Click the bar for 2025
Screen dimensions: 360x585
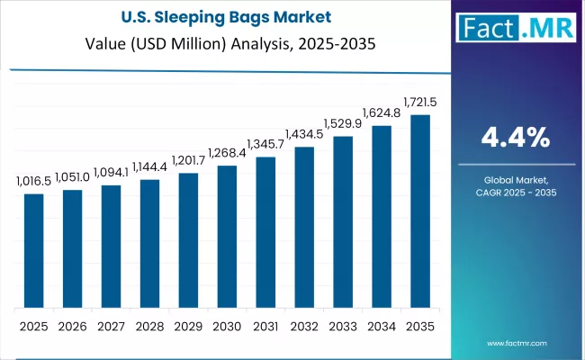(33, 250)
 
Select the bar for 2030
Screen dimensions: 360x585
(227, 236)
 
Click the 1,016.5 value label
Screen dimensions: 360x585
(33, 182)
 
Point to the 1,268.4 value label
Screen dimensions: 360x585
(227, 154)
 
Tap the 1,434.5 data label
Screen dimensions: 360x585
(304, 135)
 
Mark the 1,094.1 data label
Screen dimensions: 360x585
(111, 173)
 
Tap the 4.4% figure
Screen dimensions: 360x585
(517, 138)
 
